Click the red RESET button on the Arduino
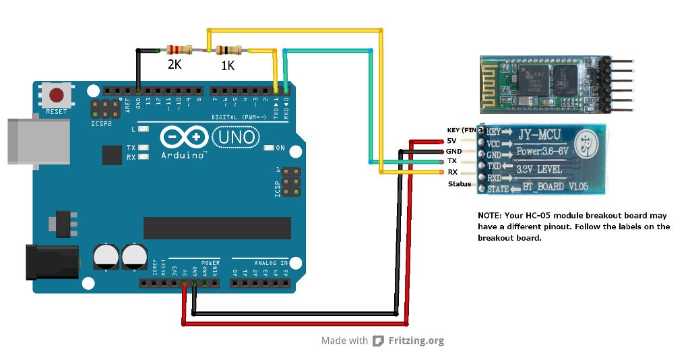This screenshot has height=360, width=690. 57,94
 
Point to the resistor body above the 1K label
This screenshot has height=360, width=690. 229,50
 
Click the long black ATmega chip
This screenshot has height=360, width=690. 217,228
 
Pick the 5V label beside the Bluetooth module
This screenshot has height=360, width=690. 452,141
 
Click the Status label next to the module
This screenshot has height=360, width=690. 460,184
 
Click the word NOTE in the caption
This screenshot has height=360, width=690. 490,215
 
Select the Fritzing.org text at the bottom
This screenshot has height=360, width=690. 416,340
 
